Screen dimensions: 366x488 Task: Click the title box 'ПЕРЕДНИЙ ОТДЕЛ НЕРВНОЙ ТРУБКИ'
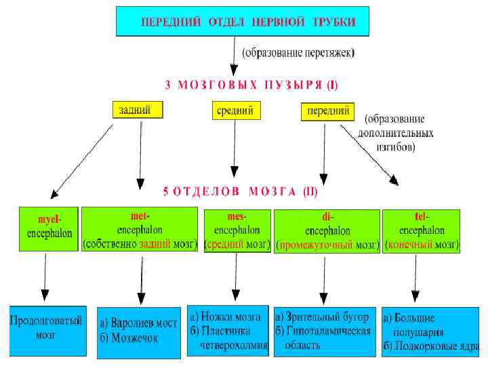(x=245, y=22)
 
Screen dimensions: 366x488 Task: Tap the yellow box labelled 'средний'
(x=235, y=109)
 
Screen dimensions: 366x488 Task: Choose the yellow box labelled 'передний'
(x=328, y=110)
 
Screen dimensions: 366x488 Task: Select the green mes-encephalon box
(x=237, y=230)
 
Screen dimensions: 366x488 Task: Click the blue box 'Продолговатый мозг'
(x=47, y=329)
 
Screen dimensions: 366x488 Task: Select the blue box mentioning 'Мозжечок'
(x=139, y=330)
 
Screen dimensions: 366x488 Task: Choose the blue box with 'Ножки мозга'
(x=228, y=330)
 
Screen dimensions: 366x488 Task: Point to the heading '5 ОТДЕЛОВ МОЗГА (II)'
(x=239, y=191)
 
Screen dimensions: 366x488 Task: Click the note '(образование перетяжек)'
(x=299, y=52)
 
